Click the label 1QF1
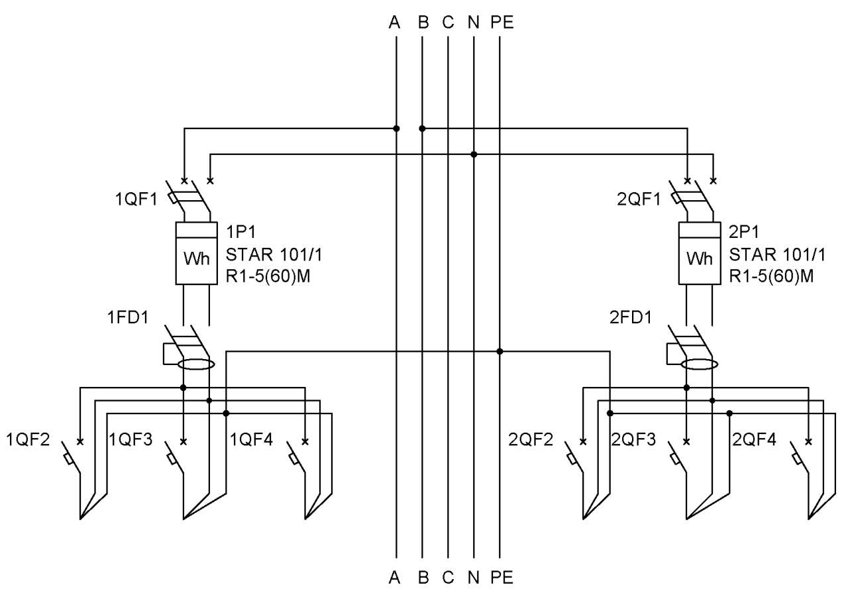pos(136,199)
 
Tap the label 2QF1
pos(639,199)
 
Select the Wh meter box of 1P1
pos(197,253)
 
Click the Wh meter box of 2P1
pos(699,253)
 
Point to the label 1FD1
pos(128,317)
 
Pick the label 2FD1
pos(630,317)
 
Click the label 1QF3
pos(131,439)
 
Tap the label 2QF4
pos(754,439)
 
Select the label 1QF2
pos(28,439)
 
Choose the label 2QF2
pos(531,439)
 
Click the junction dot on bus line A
pos(396,129)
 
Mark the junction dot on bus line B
pos(422,129)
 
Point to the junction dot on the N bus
pos(474,154)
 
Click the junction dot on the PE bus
pos(500,351)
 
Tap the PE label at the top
pos(502,23)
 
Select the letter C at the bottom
pos(448,577)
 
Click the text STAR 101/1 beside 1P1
pos(274,255)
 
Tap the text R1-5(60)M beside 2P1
pos(771,276)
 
